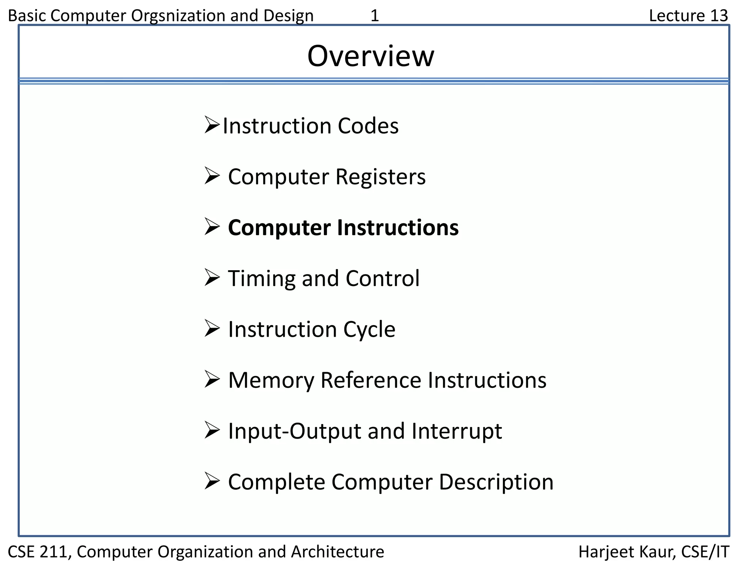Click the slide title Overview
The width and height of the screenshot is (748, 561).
tap(371, 56)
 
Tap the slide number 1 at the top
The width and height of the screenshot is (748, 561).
tap(375, 16)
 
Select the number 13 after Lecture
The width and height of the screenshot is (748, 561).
tap(719, 16)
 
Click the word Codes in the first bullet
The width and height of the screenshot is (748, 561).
tap(368, 126)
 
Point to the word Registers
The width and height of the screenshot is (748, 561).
tap(380, 177)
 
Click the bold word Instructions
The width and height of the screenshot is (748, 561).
tap(398, 228)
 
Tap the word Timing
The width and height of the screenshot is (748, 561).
tap(262, 279)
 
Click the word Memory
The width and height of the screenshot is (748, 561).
tap(271, 380)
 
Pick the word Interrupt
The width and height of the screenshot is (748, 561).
tap(457, 431)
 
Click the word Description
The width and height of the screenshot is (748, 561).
tap(496, 482)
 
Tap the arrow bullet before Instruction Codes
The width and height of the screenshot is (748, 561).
tap(212, 125)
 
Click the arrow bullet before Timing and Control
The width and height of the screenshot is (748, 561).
tap(212, 278)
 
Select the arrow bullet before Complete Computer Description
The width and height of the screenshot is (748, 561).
tap(212, 481)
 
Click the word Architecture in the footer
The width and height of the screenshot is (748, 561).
tap(337, 552)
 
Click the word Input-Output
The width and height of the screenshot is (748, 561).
tap(294, 431)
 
